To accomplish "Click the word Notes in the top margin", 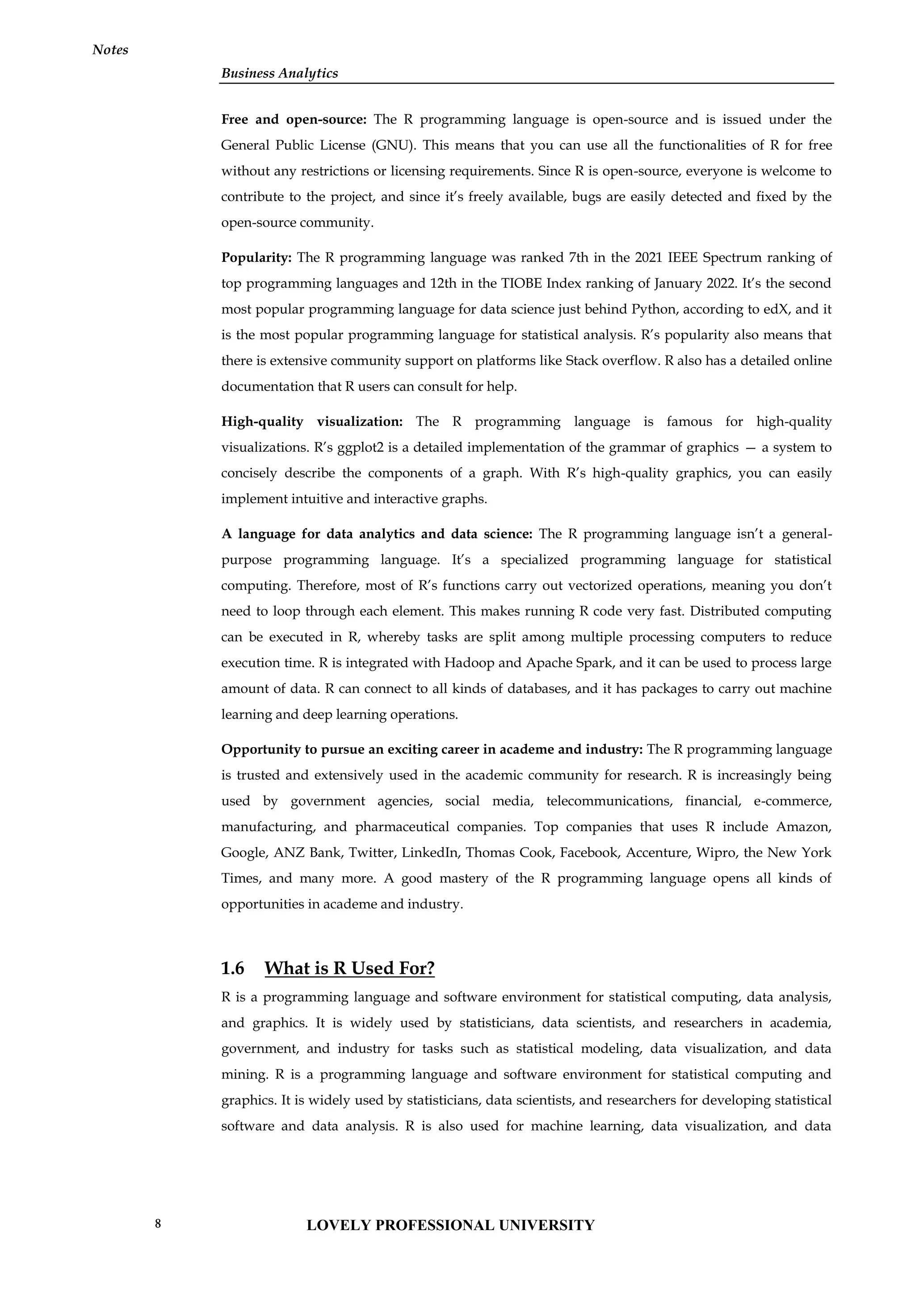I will [x=110, y=50].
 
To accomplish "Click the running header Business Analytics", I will [x=279, y=73].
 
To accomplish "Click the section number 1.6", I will [x=233, y=968].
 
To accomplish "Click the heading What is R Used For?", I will [x=349, y=968].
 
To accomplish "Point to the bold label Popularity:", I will [x=256, y=257].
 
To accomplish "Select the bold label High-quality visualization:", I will [x=311, y=421].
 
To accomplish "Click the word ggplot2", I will [x=358, y=447].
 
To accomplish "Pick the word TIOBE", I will [x=522, y=283].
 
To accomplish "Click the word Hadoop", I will [x=469, y=663].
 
